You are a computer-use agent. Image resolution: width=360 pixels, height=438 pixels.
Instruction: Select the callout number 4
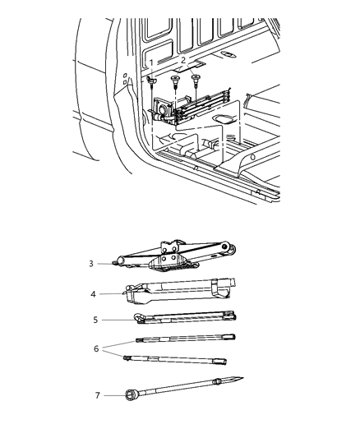[94, 293]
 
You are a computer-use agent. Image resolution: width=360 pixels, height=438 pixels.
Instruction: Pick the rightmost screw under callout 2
[196, 79]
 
